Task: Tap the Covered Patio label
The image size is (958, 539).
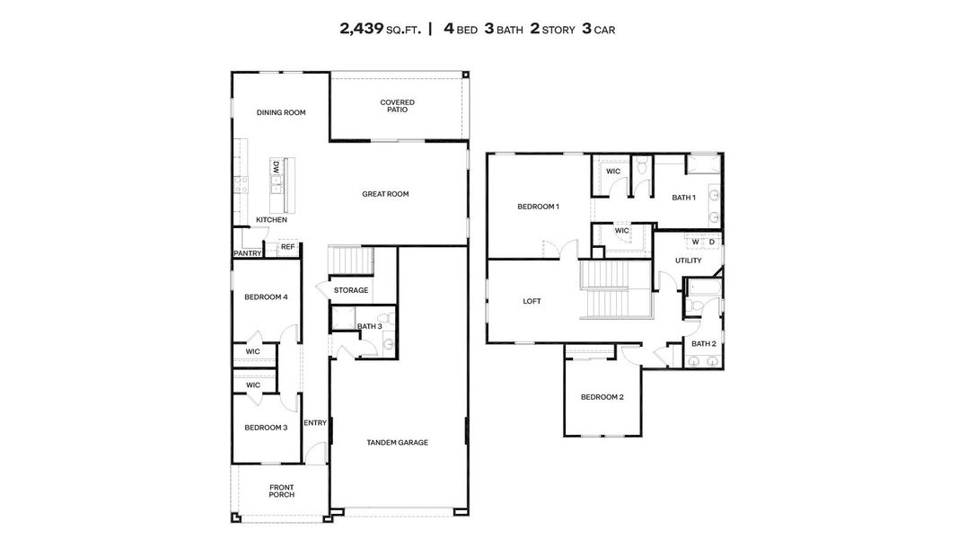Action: pos(397,106)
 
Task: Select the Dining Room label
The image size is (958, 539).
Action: pos(281,113)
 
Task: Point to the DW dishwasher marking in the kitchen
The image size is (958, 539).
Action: pos(277,167)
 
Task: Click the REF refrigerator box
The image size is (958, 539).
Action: pos(287,246)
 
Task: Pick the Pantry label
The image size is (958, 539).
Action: pos(247,253)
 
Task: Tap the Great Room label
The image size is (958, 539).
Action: pos(385,194)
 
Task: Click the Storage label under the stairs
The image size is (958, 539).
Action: pos(351,290)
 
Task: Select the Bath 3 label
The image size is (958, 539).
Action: pos(369,326)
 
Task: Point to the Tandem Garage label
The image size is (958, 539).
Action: pos(397,442)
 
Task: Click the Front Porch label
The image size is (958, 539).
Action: pos(281,491)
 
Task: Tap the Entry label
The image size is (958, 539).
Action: pos(314,423)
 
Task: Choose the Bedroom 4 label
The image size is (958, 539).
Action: pos(266,297)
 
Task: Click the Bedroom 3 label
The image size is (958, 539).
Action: pos(266,428)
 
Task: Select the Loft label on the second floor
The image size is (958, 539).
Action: pos(532,302)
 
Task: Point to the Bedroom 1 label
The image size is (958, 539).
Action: pos(538,207)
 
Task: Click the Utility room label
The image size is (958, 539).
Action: pos(689,261)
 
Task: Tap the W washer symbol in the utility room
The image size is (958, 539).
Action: pos(695,242)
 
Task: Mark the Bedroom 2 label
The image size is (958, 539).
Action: pos(602,397)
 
